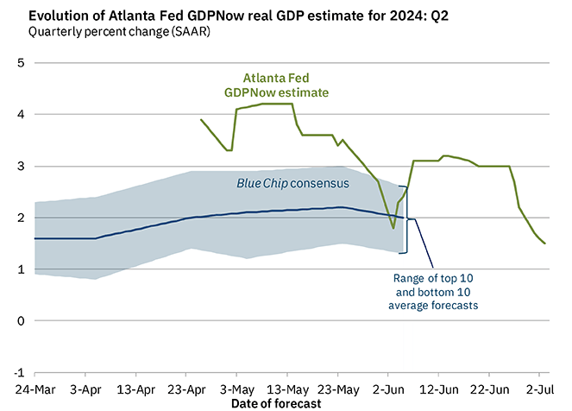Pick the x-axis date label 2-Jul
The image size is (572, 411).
[x=540, y=390]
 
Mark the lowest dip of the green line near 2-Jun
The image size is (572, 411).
[x=393, y=229]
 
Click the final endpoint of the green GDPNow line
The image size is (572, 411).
[x=545, y=243]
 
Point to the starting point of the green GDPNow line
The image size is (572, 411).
[x=201, y=120]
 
